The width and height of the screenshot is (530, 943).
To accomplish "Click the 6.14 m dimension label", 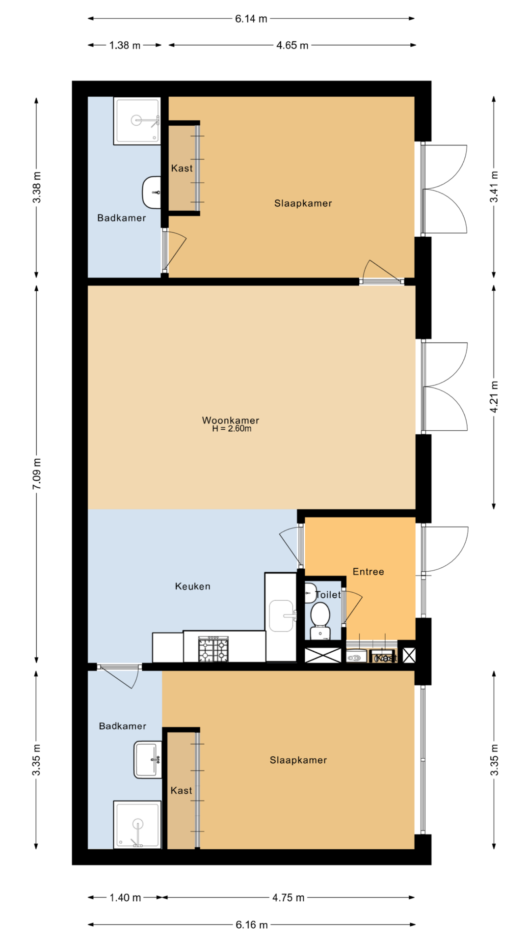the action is [x=251, y=19].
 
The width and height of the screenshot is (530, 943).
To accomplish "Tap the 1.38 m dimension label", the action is [x=125, y=45].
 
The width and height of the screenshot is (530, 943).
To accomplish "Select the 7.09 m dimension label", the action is [x=37, y=473].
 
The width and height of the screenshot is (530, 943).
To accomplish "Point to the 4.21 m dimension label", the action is [x=494, y=397].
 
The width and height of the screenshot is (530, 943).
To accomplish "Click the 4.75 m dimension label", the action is [x=289, y=898].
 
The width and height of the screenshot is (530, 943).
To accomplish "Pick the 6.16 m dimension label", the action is [x=251, y=925].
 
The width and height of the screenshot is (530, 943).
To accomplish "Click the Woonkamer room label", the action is [x=231, y=420].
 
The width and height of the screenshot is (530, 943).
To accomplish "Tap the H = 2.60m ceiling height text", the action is [x=232, y=429].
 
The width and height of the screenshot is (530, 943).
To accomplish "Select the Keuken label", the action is [x=193, y=586].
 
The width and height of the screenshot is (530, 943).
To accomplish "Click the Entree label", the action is [x=369, y=571].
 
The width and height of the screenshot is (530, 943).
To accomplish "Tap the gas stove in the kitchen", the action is [x=213, y=649].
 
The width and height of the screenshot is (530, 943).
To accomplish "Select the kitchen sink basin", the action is [x=281, y=615].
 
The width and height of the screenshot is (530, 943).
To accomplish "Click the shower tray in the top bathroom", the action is [x=137, y=121].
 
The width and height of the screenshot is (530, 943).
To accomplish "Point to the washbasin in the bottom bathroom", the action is [x=148, y=760].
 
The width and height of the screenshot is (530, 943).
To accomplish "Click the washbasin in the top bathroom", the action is [x=152, y=192].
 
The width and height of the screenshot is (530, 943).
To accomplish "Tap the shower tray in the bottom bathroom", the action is [x=137, y=825].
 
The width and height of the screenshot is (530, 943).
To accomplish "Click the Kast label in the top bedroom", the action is [x=182, y=168].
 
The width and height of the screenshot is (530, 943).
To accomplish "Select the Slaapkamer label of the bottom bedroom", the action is [x=298, y=760].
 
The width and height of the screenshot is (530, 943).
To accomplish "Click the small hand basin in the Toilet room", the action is [x=310, y=593].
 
